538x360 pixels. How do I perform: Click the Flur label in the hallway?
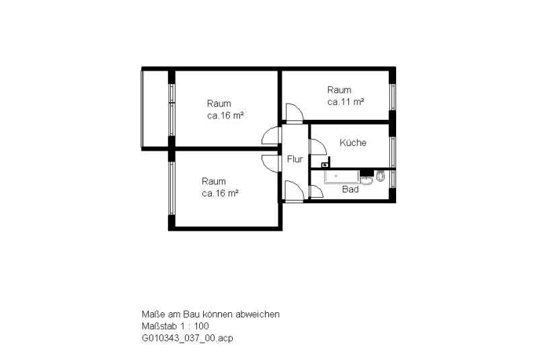coord(295,159)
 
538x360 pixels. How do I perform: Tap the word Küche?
coord(352,143)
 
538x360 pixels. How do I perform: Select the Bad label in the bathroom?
coord(350,189)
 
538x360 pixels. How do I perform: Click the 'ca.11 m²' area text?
coord(346,102)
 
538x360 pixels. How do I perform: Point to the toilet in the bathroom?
coord(380,176)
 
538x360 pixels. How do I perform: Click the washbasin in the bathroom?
coord(367,180)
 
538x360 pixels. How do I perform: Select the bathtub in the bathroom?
coord(342,177)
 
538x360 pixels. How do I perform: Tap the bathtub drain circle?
coord(336,176)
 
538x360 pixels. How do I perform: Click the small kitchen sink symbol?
coord(325,165)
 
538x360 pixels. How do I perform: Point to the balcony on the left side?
coord(155,109)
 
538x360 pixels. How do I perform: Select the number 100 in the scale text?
coord(201,326)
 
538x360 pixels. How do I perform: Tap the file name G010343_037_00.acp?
coord(188,338)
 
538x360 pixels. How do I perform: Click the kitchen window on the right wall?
coord(393,151)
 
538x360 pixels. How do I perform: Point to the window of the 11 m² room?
coord(393,98)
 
